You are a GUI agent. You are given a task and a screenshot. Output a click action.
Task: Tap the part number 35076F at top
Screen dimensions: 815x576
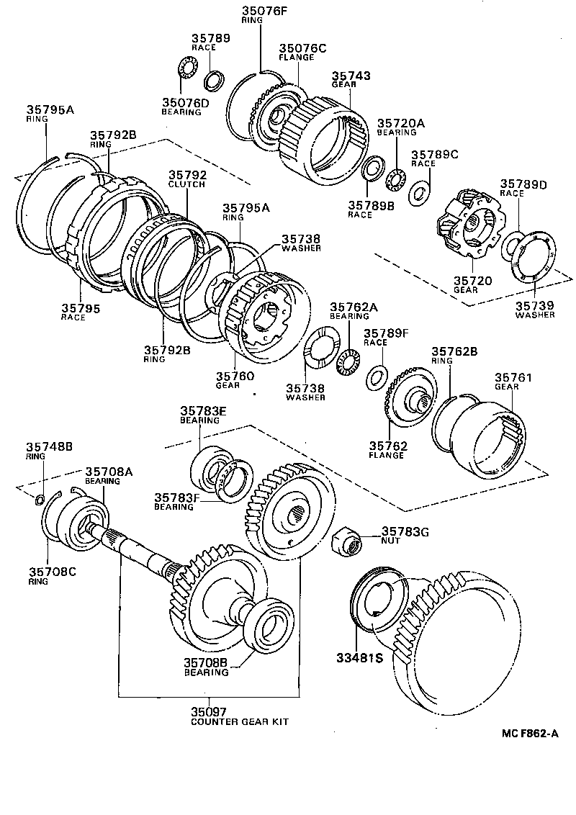click(252, 12)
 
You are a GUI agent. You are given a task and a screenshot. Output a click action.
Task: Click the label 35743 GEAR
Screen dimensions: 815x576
click(351, 79)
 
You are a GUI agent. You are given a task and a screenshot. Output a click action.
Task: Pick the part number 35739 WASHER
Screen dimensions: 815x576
click(535, 310)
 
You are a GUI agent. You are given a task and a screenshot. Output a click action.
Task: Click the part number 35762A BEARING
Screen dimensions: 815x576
click(354, 311)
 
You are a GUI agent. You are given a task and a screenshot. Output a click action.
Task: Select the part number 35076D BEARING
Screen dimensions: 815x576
click(185, 107)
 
